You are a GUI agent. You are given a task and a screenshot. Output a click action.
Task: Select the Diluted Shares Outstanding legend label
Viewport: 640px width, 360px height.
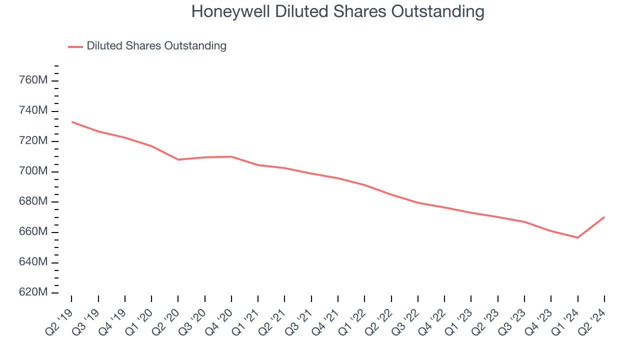(156, 46)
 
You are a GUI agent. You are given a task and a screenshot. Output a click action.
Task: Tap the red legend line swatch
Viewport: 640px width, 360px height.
(75, 47)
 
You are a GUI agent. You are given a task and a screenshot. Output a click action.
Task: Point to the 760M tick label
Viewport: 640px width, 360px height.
(33, 80)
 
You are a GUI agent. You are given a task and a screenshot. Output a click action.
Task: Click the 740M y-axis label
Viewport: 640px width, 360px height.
(33, 110)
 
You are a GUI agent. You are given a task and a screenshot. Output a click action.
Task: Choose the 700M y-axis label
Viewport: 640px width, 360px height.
(33, 171)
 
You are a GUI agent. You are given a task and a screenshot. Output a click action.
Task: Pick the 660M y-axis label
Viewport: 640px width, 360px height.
(33, 232)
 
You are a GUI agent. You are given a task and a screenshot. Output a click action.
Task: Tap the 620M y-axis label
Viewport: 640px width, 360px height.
(33, 292)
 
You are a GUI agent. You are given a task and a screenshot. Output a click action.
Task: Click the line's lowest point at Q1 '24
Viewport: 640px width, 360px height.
(578, 237)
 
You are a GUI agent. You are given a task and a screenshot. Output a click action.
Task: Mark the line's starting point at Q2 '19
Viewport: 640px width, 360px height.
(71, 121)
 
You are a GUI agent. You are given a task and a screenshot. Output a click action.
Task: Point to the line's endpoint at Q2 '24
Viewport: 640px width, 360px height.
(604, 217)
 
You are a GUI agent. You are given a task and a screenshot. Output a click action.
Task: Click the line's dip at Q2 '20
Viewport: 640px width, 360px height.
(178, 159)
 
